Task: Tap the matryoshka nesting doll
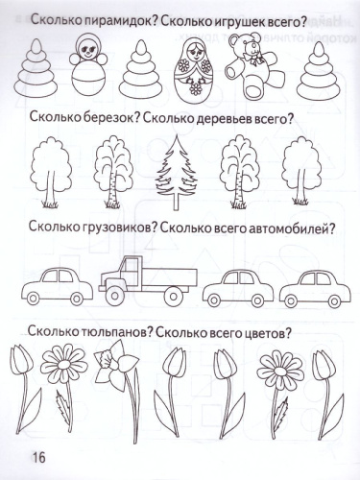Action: pos(198,73)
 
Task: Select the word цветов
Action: pos(264,332)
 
